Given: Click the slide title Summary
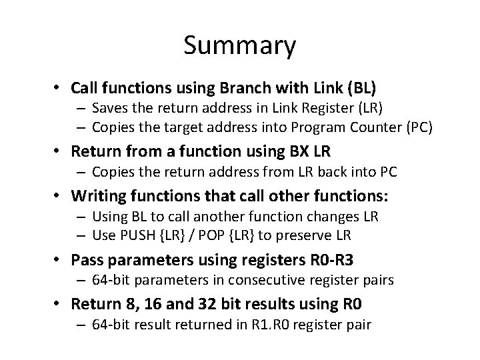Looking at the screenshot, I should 239,46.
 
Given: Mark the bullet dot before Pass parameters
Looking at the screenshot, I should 59,259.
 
